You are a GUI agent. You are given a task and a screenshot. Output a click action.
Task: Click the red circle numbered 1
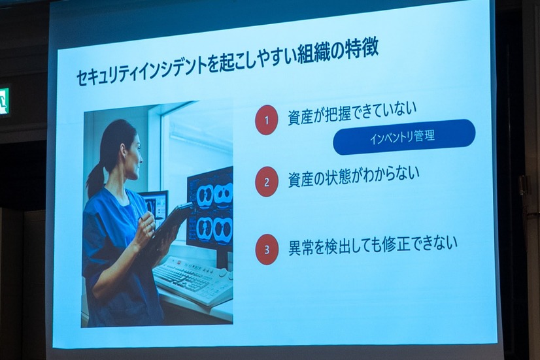pos(266,120)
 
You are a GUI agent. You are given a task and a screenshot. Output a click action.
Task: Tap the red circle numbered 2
pos(266,182)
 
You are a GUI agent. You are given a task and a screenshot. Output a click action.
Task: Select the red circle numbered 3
pos(267,250)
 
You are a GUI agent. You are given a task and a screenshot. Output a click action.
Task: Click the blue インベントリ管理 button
pos(403,137)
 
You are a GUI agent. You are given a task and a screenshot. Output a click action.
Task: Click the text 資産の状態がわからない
pos(353,178)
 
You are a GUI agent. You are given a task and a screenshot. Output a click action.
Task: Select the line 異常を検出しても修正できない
pos(373,245)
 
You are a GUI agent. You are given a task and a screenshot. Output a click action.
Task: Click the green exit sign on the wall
pos(4,101)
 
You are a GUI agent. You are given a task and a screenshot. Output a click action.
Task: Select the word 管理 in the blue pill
pos(424,137)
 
